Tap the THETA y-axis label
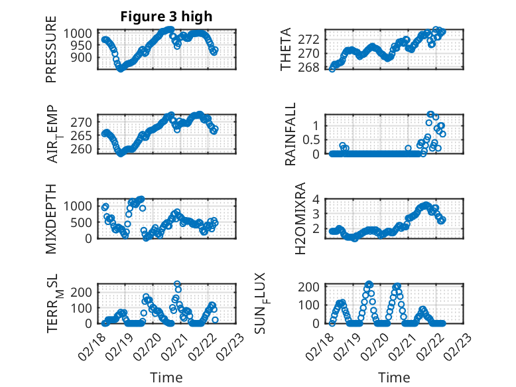click(x=286, y=49)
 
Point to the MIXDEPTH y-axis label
click(x=51, y=218)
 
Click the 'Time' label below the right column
click(x=394, y=377)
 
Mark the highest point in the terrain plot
click(x=177, y=284)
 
